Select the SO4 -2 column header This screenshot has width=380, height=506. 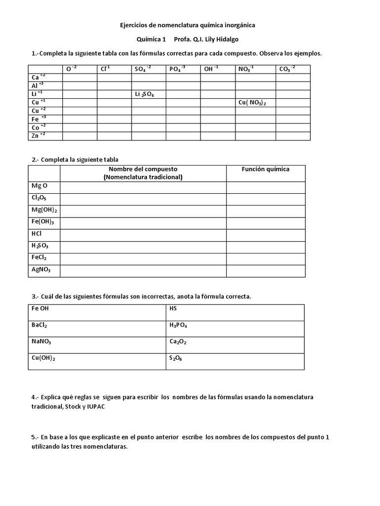[142, 69]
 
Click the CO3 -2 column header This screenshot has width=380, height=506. [287, 69]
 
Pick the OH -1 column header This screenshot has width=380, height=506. [211, 69]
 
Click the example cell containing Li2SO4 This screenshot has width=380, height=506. [144, 94]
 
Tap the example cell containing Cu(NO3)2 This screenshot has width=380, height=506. [252, 103]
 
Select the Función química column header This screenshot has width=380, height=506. [265, 169]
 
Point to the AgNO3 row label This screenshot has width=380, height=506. [41, 270]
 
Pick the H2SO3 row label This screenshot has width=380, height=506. [40, 246]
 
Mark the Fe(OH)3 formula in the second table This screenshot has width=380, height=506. [42, 222]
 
